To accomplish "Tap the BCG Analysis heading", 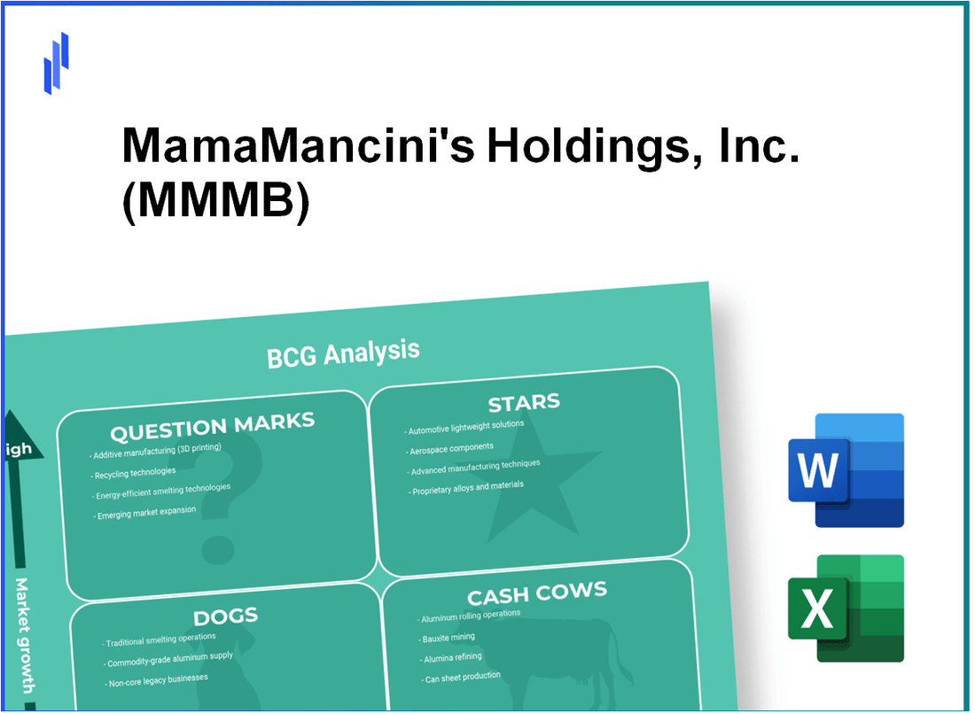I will [x=342, y=353].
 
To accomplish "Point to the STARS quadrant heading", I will [x=524, y=404].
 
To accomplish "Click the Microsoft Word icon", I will [x=846, y=470].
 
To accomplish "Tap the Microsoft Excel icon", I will [x=846, y=608].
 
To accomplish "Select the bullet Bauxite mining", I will [x=449, y=638].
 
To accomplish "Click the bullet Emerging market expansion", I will [x=146, y=513].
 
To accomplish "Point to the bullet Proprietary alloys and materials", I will [x=467, y=487].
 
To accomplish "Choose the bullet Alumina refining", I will [x=453, y=657].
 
